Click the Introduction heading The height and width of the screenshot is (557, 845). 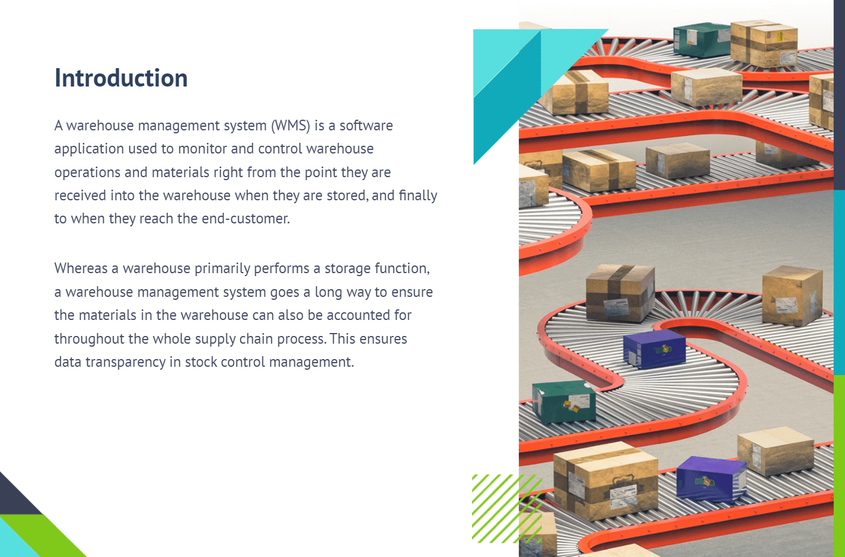click(x=121, y=78)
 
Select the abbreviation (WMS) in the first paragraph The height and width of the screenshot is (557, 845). click(x=291, y=126)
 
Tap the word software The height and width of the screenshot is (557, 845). click(x=366, y=126)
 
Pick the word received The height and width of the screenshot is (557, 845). click(x=81, y=196)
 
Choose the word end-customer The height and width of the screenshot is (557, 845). click(x=245, y=219)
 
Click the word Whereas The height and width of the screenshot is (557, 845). click(x=81, y=268)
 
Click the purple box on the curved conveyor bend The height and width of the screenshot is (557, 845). click(x=654, y=348)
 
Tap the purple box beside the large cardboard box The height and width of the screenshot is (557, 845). click(x=711, y=479)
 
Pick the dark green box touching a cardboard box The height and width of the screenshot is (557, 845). click(x=701, y=40)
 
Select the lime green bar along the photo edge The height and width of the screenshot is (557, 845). click(x=839, y=466)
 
